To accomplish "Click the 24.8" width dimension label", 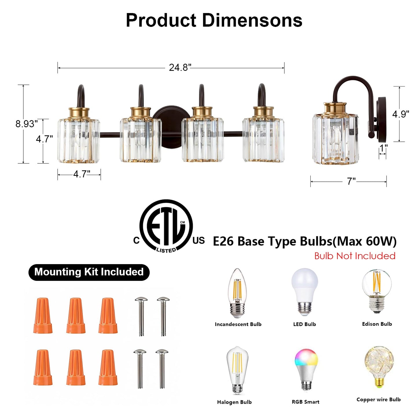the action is (180, 68).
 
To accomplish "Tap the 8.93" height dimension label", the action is (26, 124).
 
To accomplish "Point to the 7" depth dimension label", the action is (351, 181).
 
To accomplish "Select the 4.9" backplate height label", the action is (400, 114).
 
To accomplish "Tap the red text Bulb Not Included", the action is (355, 256).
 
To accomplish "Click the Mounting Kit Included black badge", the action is (89, 272).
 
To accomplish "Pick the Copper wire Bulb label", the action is (378, 399).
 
